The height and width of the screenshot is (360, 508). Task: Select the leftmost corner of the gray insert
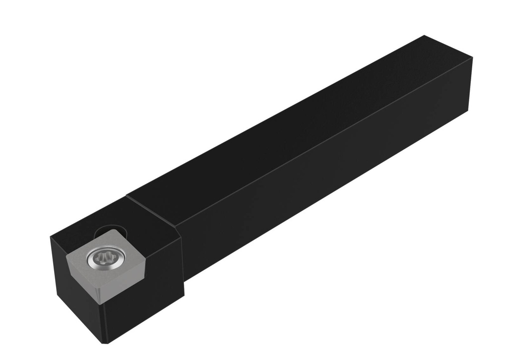66,253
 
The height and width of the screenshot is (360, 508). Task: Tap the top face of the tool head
144,218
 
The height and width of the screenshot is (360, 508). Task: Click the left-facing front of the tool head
74,298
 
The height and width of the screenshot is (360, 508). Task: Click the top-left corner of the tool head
51,238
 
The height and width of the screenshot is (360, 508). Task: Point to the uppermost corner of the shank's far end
425,36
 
